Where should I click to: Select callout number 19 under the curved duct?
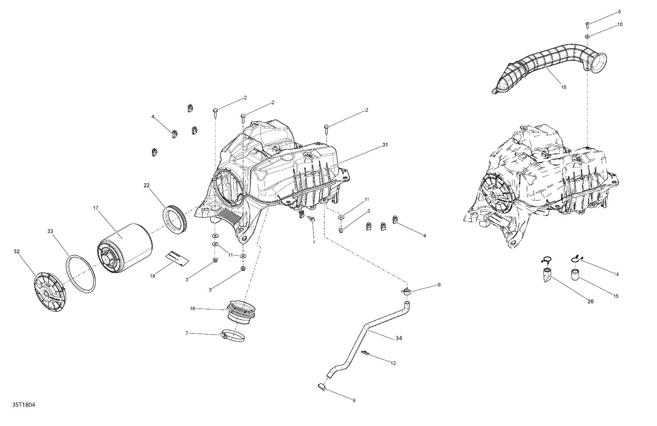[563, 87]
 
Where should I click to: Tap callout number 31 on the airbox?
[385, 145]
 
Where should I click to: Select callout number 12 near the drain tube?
[393, 363]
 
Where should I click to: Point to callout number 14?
[616, 274]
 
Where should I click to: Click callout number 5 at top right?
[619, 11]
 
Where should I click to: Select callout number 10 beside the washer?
[619, 25]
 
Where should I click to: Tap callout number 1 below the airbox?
[314, 242]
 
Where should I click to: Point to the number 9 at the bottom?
[353, 400]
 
